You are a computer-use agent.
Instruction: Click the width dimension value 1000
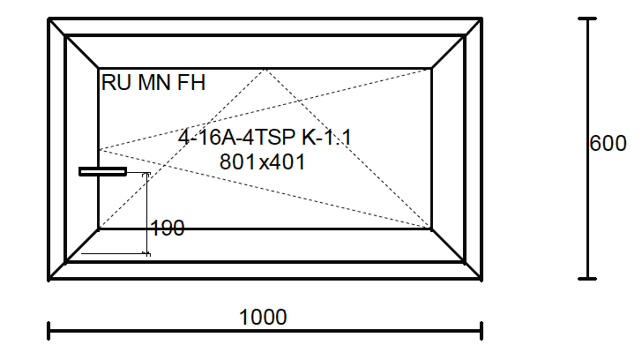click(263, 318)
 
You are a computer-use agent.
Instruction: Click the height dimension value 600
click(608, 144)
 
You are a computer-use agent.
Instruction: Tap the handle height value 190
click(168, 229)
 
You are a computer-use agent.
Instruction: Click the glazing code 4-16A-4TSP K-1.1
click(265, 138)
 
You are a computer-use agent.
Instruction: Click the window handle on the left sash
click(102, 171)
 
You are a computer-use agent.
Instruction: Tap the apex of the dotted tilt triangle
click(265, 69)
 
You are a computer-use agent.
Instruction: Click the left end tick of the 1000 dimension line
click(48, 331)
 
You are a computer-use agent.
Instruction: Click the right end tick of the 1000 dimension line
click(481, 331)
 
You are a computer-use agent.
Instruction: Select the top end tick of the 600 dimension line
click(587, 19)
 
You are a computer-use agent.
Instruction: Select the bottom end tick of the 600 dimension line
click(587, 279)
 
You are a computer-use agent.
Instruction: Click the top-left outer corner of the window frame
click(49, 19)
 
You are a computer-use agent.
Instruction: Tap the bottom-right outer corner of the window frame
click(481, 280)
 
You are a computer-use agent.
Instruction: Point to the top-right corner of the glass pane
click(431, 69)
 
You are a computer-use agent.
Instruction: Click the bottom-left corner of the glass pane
click(99, 228)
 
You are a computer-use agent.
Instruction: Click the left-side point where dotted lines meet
click(99, 150)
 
